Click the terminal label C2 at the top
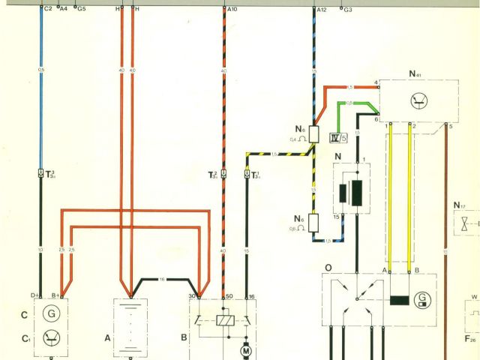pos(49,9)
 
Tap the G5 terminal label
pos(81,9)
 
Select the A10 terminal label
pos(232,9)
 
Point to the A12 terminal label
pos(322,9)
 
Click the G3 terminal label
pos(348,10)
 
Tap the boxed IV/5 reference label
pos(339,136)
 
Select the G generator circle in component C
pos(51,312)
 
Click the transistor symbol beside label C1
pos(51,336)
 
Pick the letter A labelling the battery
pos(107,338)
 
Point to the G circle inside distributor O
pos(422,301)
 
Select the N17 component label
pos(458,205)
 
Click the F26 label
pos(470,340)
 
